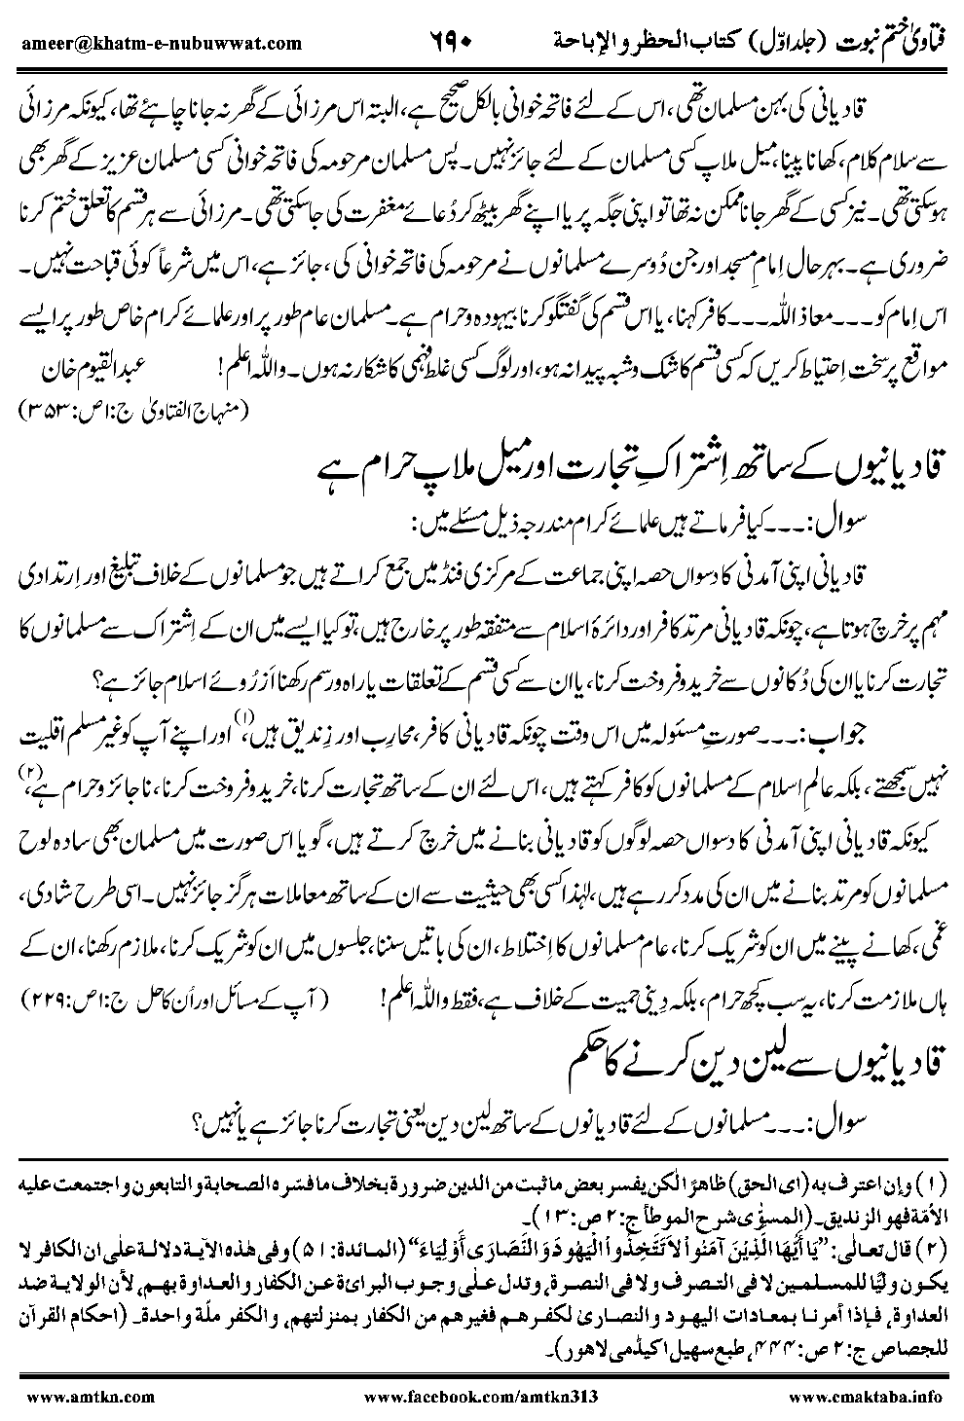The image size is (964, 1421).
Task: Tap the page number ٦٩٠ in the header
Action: coord(451,42)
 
